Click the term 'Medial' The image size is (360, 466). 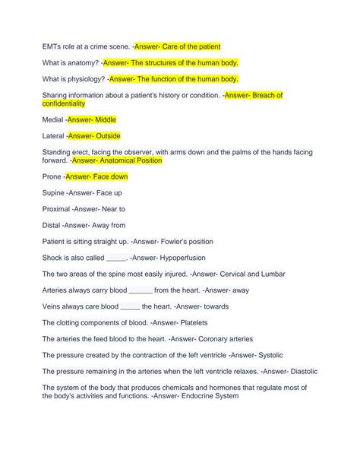point(53,120)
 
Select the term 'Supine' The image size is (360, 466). point(55,193)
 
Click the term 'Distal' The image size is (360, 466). point(52,225)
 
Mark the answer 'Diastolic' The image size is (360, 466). point(302,371)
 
